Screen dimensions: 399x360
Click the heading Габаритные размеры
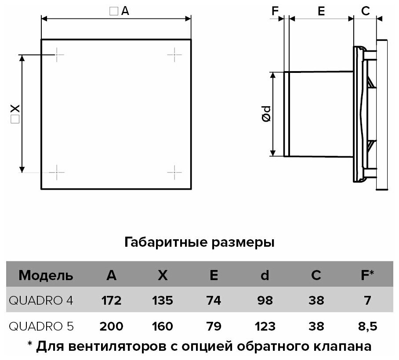tap(200, 242)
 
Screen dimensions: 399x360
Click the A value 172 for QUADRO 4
tap(112, 301)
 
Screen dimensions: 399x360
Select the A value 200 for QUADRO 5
tap(112, 326)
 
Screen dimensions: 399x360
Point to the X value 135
tap(163, 301)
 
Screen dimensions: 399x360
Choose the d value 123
tap(264, 326)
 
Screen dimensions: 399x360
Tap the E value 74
tap(214, 301)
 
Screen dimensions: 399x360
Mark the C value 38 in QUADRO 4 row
tap(316, 301)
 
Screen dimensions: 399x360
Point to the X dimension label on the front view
tap(15, 114)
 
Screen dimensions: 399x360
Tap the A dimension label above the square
tap(120, 12)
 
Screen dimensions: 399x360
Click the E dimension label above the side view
tap(321, 12)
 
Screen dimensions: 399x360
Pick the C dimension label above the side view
tap(365, 12)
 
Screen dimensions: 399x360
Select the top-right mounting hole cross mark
tap(174, 54)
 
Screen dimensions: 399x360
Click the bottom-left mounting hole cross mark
tap(57, 172)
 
